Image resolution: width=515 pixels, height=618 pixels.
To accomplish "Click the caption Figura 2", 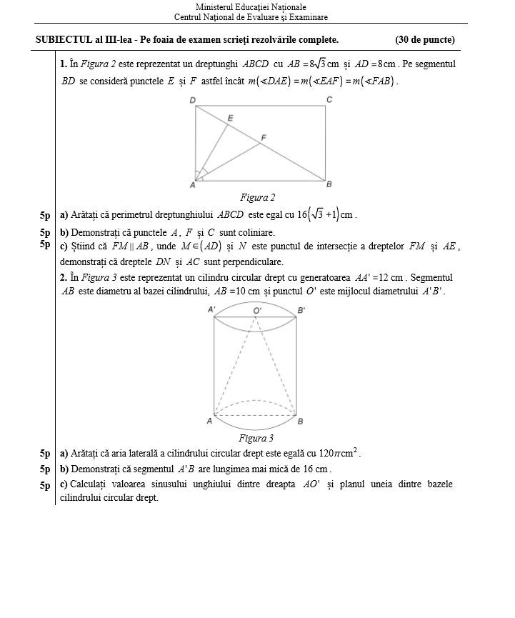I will [x=257, y=198].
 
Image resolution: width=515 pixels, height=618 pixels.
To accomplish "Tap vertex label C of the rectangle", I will [x=329, y=99].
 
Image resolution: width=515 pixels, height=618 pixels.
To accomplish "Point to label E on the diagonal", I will [x=230, y=117].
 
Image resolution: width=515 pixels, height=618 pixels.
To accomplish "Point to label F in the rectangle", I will [x=264, y=137].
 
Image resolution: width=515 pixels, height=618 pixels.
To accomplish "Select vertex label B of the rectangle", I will [x=329, y=185].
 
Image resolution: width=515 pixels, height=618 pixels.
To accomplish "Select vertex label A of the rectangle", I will [x=192, y=185].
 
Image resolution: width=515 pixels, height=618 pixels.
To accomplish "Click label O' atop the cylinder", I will [x=257, y=310].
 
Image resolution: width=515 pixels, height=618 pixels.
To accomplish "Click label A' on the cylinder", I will [x=211, y=310].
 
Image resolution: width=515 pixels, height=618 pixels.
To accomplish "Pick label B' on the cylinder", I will [x=301, y=310].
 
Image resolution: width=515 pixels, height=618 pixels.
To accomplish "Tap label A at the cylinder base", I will [x=209, y=422].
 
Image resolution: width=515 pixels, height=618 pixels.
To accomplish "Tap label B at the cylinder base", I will [x=300, y=422].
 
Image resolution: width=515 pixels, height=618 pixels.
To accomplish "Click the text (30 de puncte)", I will [x=424, y=40].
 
